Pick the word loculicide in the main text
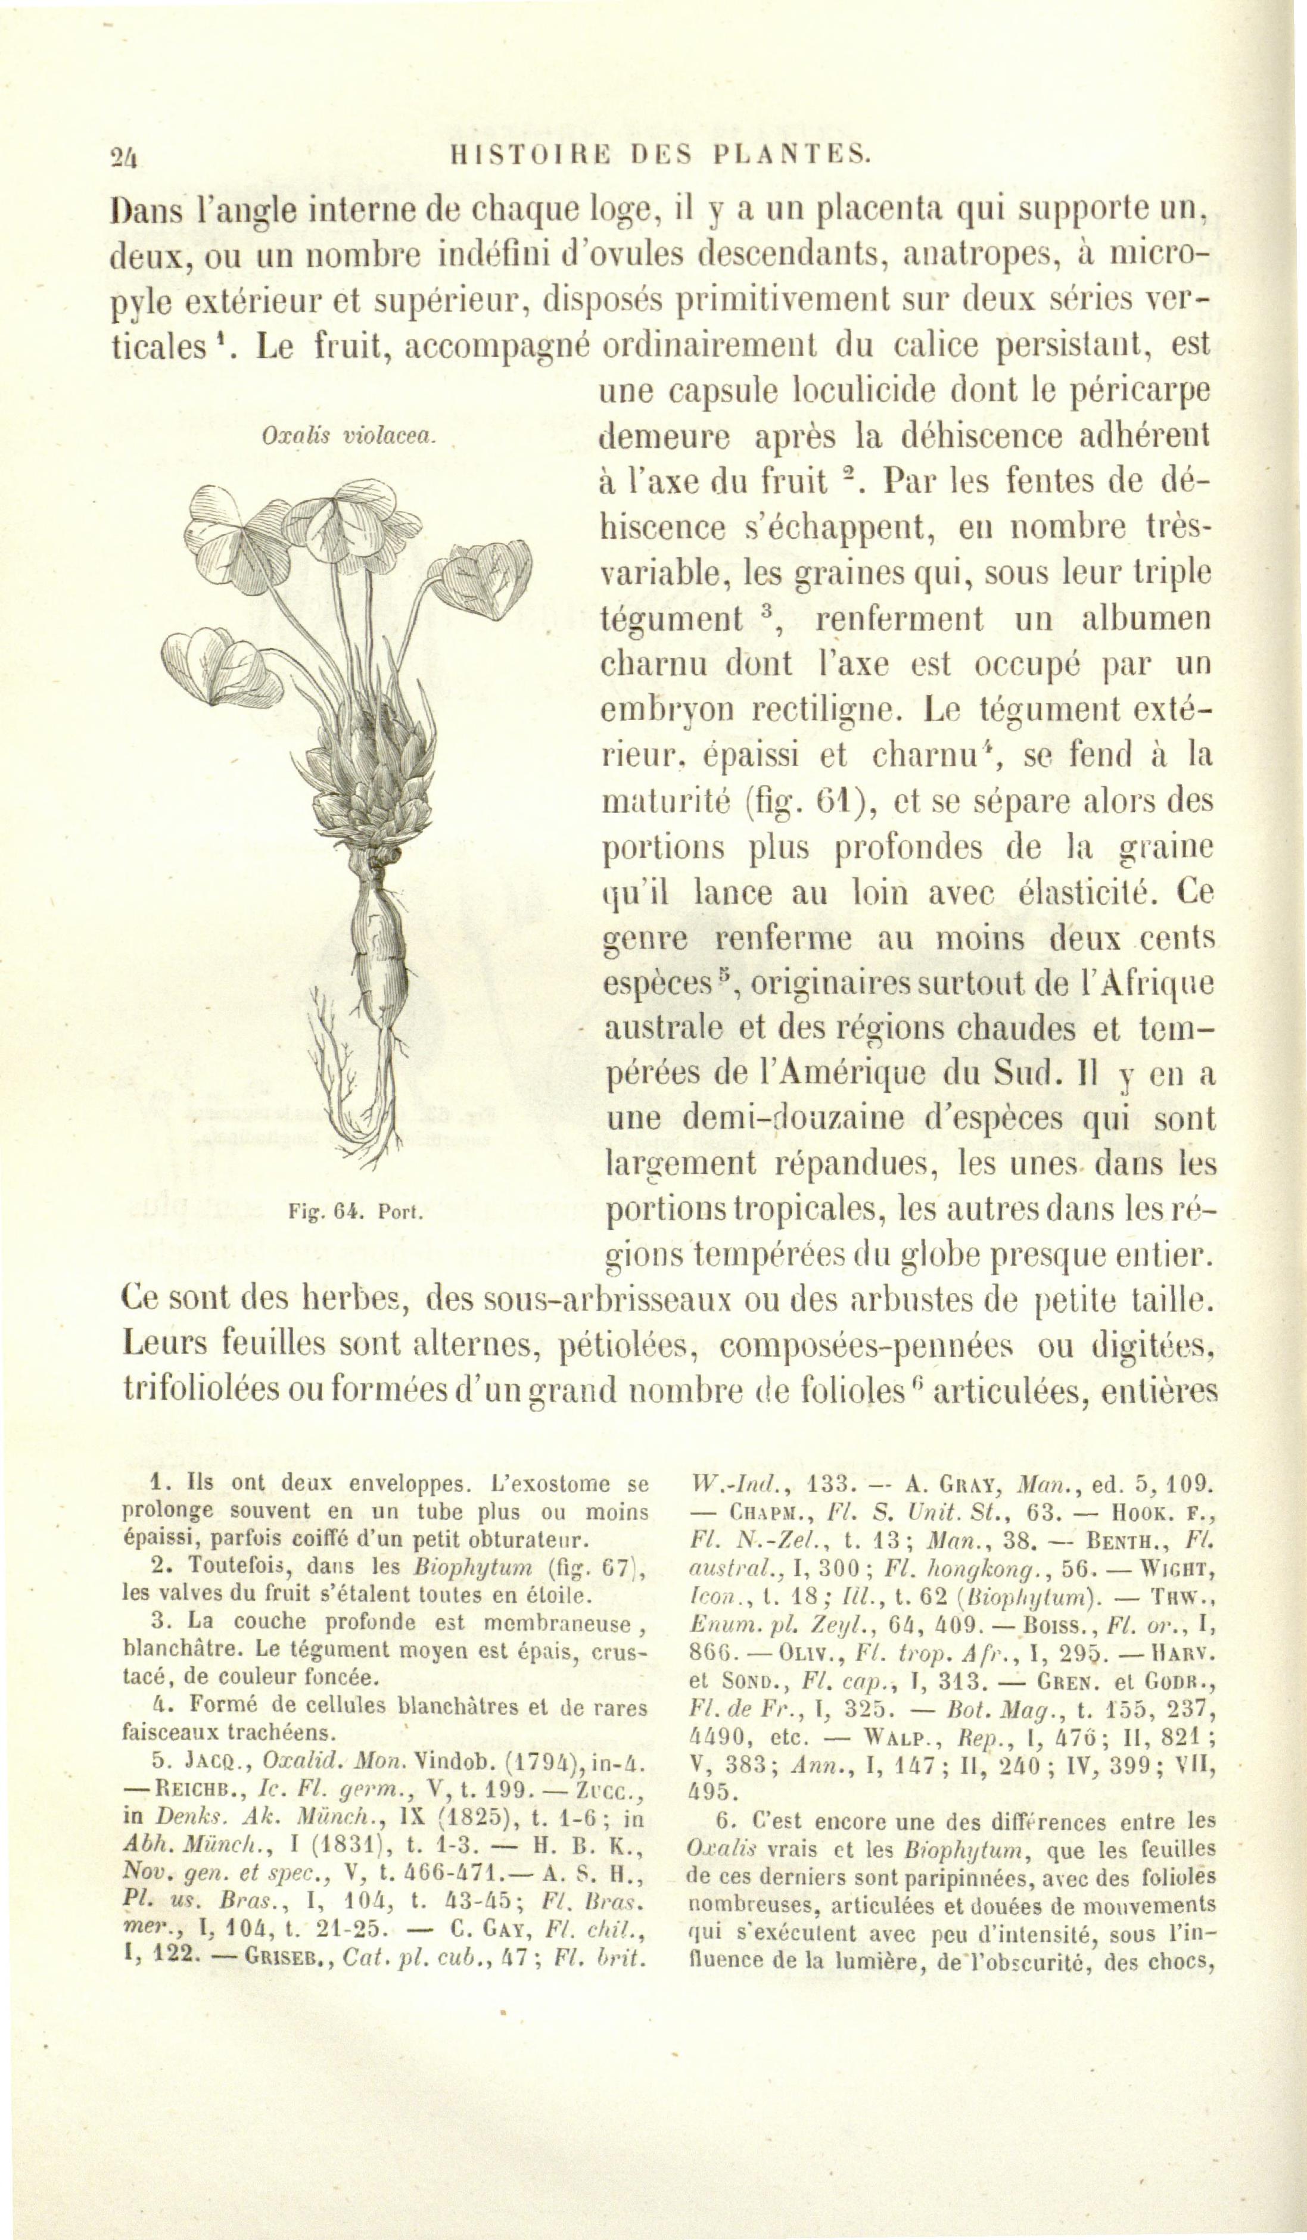pos(865,391)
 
